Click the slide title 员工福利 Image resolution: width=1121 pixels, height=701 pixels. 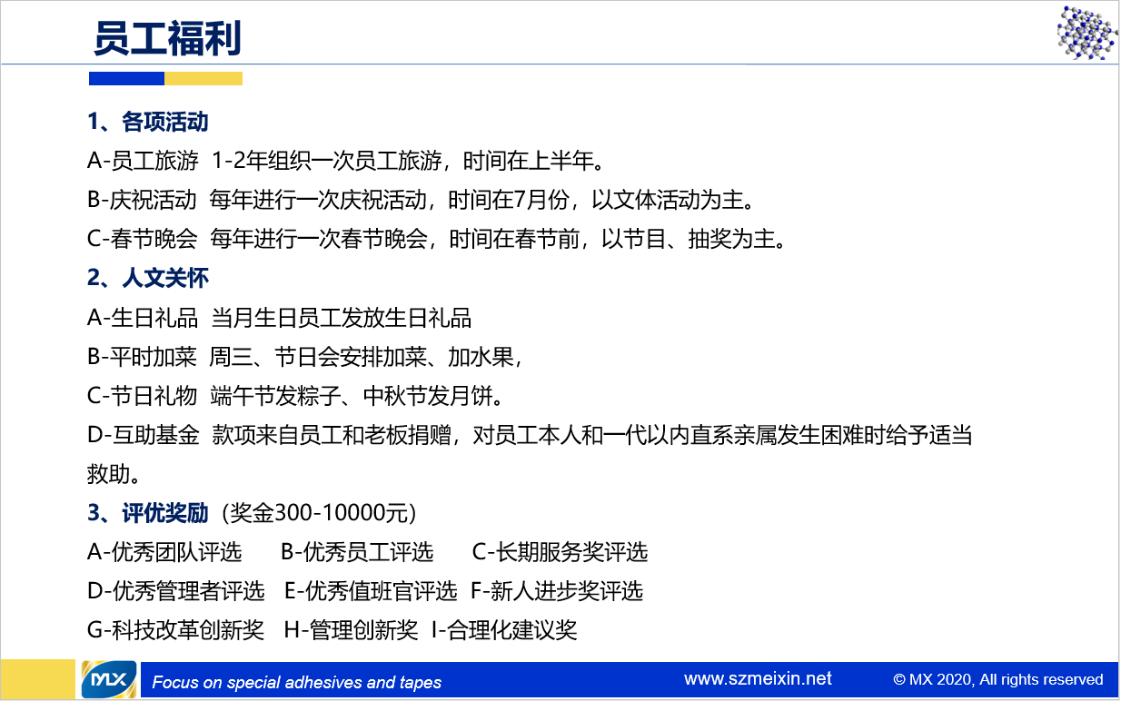coord(167,38)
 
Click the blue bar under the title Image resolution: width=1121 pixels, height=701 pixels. coord(126,79)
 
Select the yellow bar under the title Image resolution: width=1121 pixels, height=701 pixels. coord(203,79)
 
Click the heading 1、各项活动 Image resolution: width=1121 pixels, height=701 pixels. coord(148,122)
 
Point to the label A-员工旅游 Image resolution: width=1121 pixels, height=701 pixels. coord(143,161)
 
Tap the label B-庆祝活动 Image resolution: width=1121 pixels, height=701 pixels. coord(142,200)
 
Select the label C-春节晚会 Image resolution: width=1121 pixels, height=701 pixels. coord(142,239)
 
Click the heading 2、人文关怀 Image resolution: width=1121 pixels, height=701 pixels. coord(148,278)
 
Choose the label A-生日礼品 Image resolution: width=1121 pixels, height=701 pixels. coord(143,318)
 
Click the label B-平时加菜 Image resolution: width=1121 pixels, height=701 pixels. coord(142,357)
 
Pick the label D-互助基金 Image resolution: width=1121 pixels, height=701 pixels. coord(144,435)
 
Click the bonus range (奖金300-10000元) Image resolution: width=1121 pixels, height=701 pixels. coord(319,513)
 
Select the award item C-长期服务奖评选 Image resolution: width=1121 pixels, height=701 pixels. coord(560,552)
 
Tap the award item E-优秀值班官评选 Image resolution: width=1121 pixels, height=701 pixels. coord(371,591)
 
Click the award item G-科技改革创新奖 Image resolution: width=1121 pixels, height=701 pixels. coord(175,630)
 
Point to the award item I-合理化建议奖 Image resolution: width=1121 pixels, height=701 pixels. coord(504,630)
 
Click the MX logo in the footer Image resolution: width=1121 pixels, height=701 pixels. coord(109,679)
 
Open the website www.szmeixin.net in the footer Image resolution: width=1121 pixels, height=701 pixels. coord(758,679)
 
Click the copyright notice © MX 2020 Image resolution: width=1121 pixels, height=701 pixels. coord(998,679)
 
